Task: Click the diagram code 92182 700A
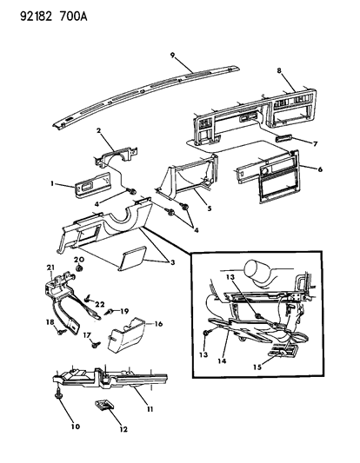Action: (54, 17)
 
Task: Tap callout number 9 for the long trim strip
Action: (173, 55)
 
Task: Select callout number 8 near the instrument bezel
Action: (279, 71)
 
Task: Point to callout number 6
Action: (320, 169)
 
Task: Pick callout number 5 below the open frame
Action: (210, 208)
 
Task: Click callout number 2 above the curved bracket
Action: (98, 130)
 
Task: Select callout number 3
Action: (172, 262)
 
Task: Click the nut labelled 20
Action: (79, 268)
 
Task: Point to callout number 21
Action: (50, 268)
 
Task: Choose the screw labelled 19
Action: (109, 312)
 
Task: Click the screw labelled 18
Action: (62, 332)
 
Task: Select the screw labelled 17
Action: (96, 344)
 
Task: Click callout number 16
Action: (158, 324)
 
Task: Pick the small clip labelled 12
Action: (103, 405)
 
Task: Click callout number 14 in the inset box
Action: (222, 360)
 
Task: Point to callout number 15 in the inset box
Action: (257, 367)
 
